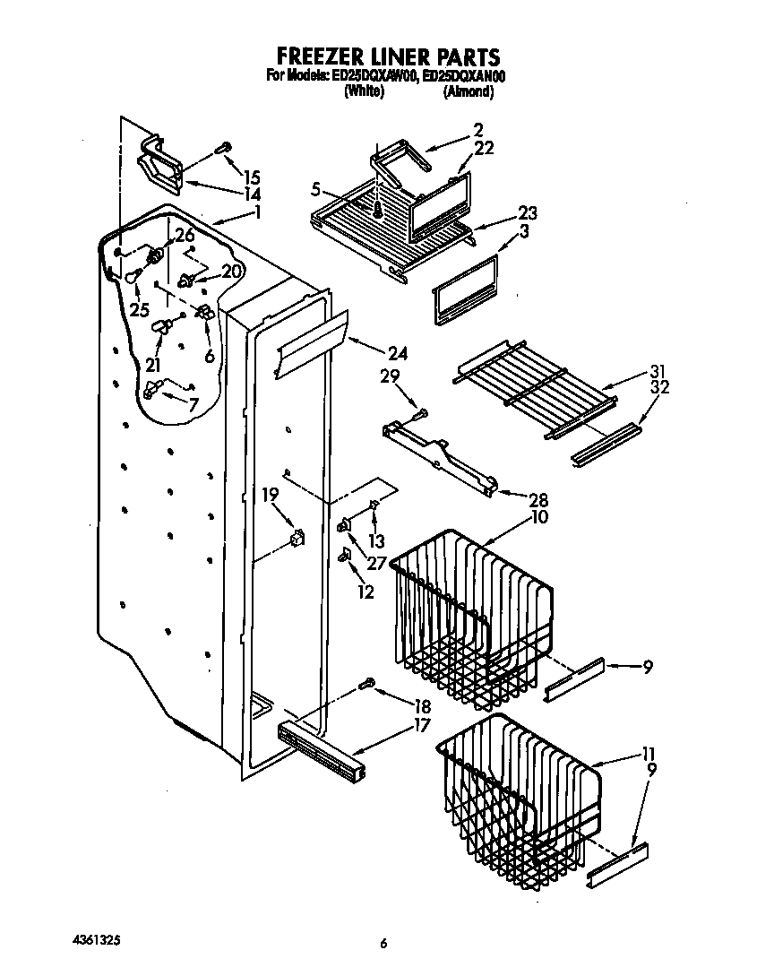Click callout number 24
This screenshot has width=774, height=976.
tap(397, 353)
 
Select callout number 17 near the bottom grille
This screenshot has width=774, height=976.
tap(421, 725)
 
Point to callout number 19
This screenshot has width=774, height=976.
tap(270, 494)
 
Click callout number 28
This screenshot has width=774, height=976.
tap(539, 499)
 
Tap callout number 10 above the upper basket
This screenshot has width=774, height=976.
tap(539, 517)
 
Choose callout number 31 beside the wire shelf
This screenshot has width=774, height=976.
tap(659, 372)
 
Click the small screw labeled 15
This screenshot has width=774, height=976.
tap(224, 149)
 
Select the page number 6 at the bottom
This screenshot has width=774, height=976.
tap(383, 943)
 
